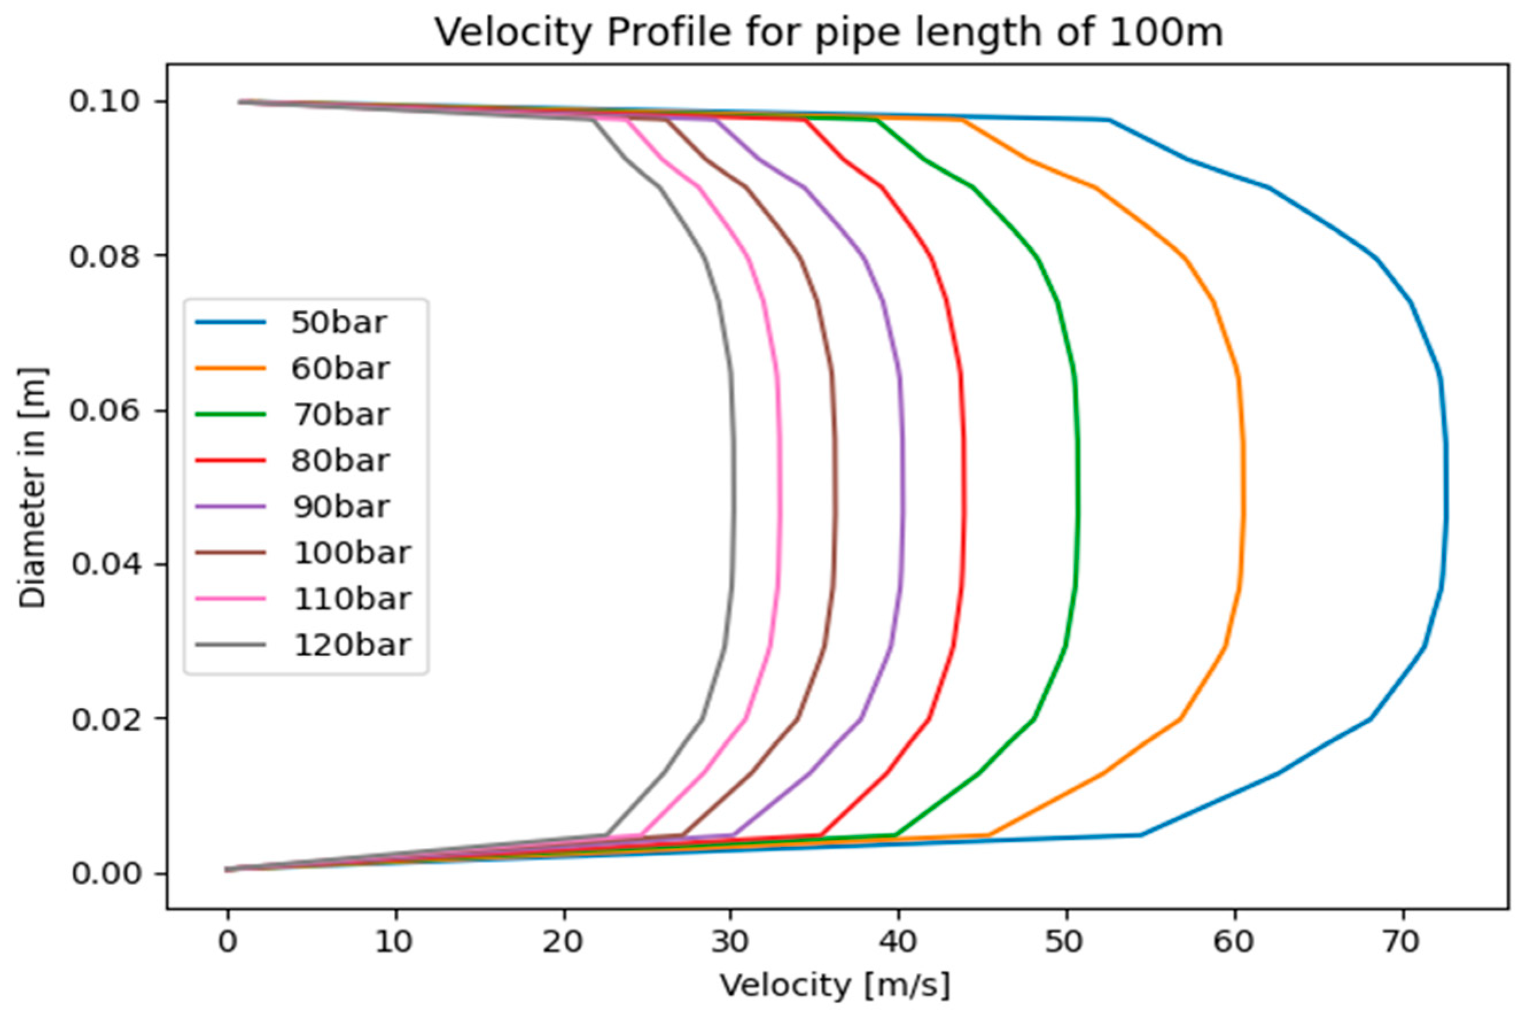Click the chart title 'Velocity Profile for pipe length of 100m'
point(828,33)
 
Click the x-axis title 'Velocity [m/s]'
point(836,986)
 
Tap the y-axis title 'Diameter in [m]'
point(33,487)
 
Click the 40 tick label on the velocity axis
point(899,942)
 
